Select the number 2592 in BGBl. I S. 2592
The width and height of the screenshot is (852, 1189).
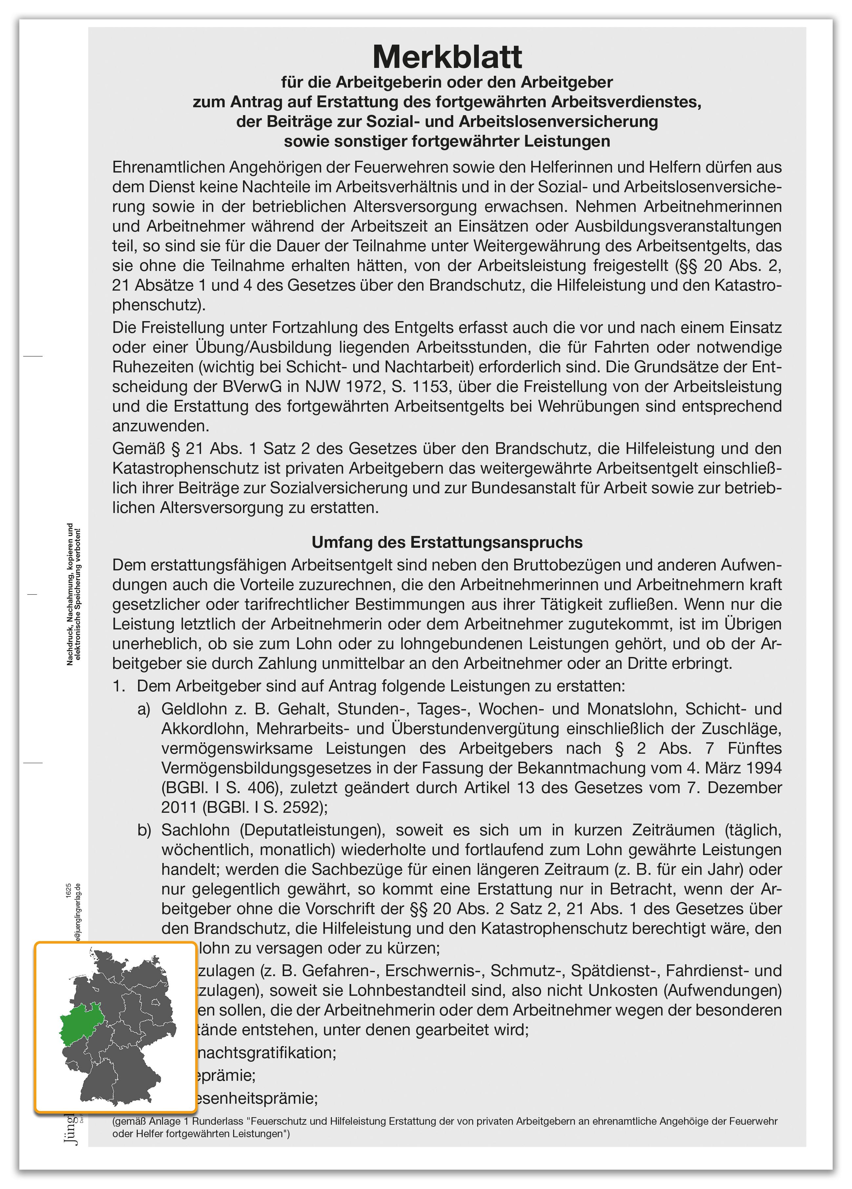[301, 807]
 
